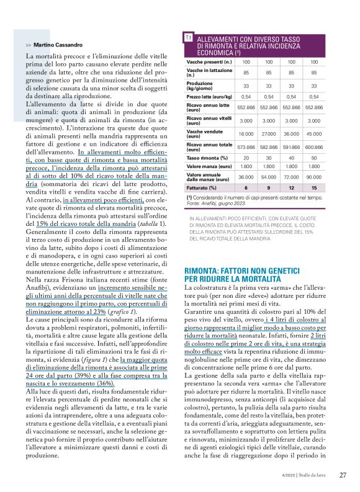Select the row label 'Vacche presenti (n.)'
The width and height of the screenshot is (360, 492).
click(x=209, y=62)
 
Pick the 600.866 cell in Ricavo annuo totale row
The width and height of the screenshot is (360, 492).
click(x=313, y=146)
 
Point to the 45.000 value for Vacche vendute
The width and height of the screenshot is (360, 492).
click(x=313, y=133)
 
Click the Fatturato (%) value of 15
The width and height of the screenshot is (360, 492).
click(x=313, y=187)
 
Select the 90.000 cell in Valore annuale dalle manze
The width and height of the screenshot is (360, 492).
click(x=313, y=177)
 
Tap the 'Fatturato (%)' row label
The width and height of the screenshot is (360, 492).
click(x=202, y=187)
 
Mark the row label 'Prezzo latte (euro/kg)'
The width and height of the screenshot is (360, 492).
click(x=212, y=97)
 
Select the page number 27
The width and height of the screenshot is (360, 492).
click(x=343, y=475)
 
